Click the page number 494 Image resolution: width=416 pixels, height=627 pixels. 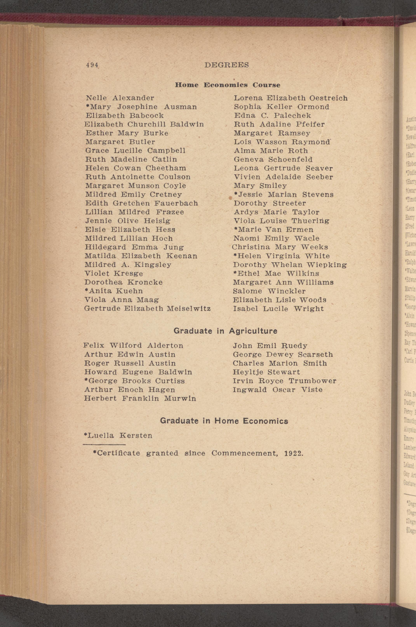[92, 65]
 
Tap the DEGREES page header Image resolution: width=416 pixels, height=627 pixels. [227, 65]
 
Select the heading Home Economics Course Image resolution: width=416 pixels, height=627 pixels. [227, 85]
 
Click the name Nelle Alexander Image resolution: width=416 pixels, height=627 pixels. [120, 98]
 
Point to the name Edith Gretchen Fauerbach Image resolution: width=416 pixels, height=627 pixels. [141, 203]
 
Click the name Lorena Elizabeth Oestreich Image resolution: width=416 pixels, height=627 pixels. [291, 98]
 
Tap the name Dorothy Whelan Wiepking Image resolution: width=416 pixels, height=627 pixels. [290, 265]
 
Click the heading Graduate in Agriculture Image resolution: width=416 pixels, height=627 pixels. [225, 331]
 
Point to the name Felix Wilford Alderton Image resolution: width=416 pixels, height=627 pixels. [133, 345]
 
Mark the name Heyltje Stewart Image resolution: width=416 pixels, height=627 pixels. [266, 372]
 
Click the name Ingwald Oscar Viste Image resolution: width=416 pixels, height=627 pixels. [278, 390]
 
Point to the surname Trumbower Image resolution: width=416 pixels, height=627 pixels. [312, 381]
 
